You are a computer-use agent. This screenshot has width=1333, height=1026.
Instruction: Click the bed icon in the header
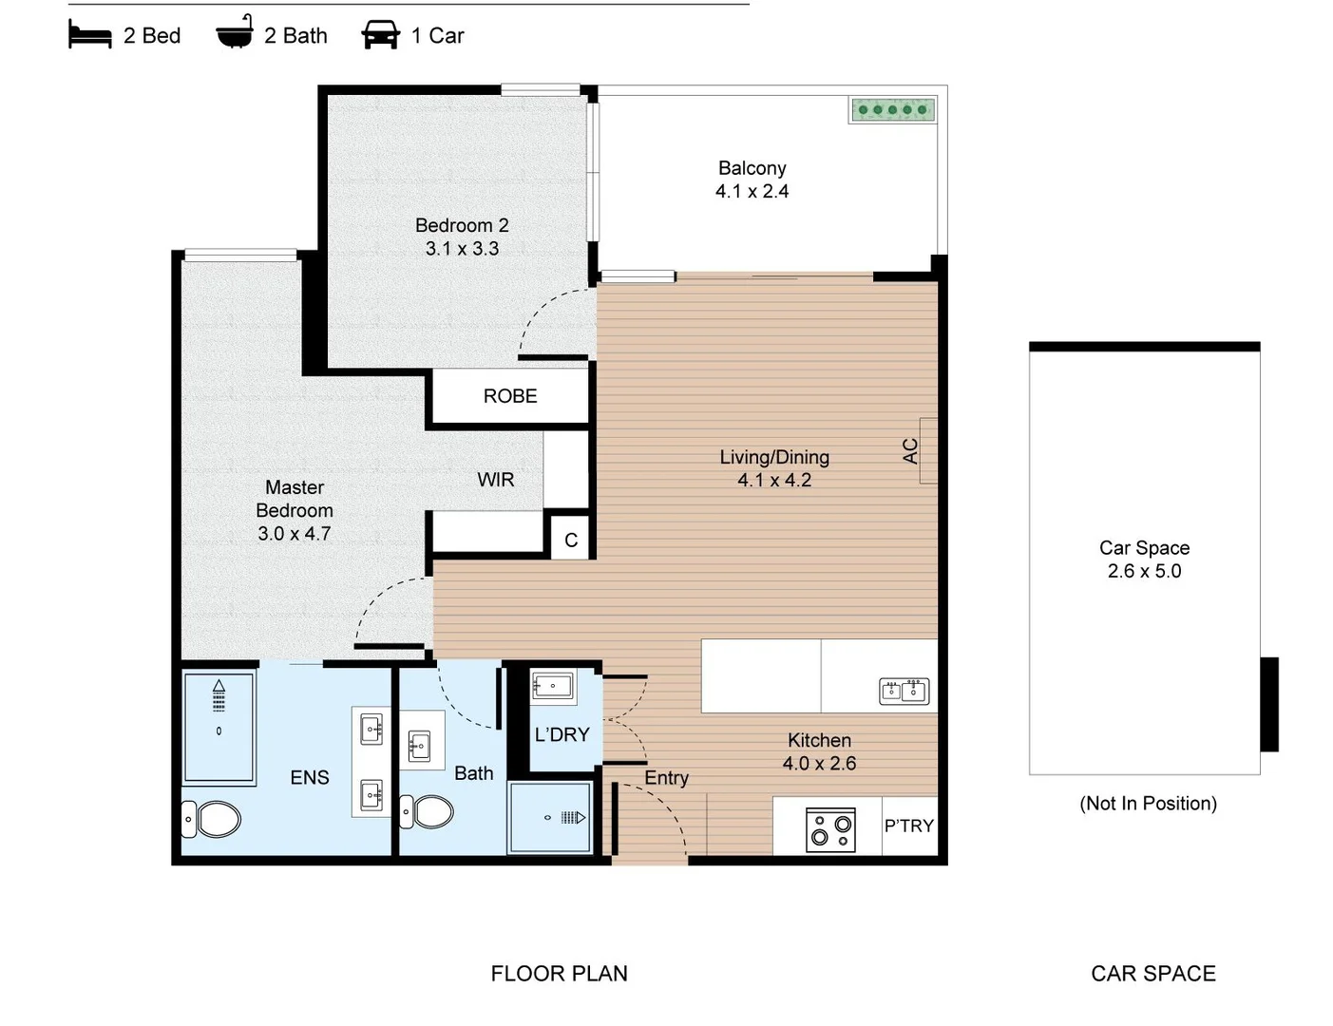(x=89, y=35)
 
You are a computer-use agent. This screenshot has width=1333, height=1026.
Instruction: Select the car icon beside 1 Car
(x=380, y=36)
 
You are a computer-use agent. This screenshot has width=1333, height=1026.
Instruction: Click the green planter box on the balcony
(x=892, y=110)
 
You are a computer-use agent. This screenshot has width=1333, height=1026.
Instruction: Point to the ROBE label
(x=510, y=396)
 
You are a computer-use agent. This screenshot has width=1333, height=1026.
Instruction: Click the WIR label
(x=495, y=480)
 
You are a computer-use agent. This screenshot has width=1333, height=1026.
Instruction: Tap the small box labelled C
(x=571, y=540)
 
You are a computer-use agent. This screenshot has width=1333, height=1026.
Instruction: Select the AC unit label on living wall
(x=910, y=450)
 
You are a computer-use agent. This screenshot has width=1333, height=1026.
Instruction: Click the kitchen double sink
(x=904, y=691)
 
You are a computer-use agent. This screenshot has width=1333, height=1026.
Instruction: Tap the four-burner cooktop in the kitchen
(x=830, y=830)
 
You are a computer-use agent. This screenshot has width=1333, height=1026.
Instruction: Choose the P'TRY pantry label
(x=909, y=826)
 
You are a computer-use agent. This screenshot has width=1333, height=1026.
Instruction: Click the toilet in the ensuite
(x=213, y=819)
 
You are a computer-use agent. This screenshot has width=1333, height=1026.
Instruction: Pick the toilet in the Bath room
(x=428, y=812)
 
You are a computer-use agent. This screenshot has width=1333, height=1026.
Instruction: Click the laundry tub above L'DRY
(x=552, y=686)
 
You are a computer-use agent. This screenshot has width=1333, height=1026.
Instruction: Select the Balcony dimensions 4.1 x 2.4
(x=752, y=192)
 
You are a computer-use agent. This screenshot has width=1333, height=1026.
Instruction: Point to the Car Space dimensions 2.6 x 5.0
(x=1144, y=571)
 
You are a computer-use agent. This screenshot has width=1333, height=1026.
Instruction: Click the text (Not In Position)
(x=1148, y=804)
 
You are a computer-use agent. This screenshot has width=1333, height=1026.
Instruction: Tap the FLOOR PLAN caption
(x=559, y=974)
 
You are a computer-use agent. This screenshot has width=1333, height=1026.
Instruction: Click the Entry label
(x=666, y=778)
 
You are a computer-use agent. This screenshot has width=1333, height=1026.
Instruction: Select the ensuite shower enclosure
(x=219, y=728)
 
